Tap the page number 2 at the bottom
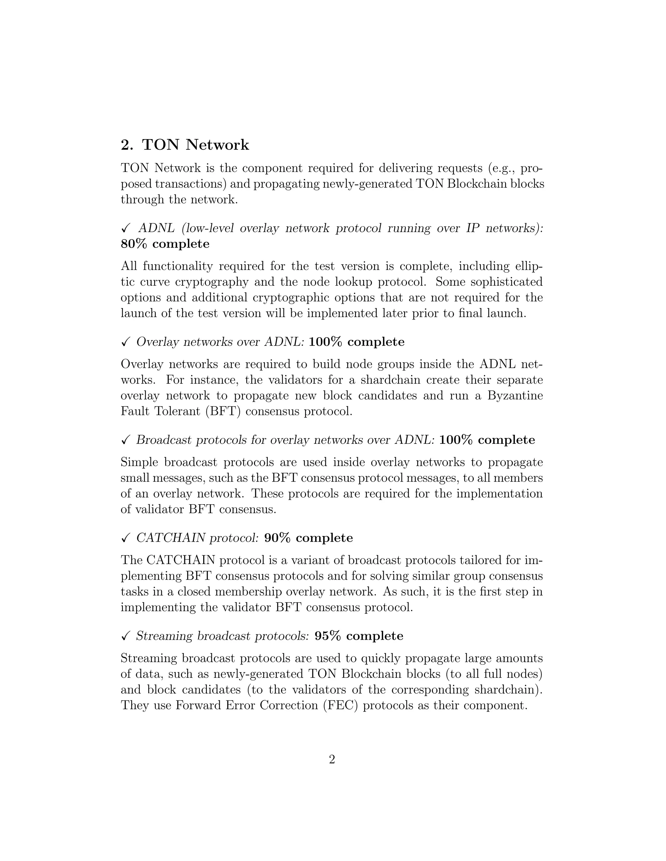point(332,759)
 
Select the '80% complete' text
point(165,244)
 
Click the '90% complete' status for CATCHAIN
point(308,538)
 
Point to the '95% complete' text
point(359,636)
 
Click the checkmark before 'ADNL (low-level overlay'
point(126,228)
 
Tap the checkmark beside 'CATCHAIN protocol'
point(126,538)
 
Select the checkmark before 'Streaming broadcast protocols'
point(126,636)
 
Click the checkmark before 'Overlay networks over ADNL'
point(126,342)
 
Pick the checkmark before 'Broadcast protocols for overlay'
point(126,440)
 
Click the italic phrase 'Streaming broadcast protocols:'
point(222,636)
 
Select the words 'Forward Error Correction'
point(246,705)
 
